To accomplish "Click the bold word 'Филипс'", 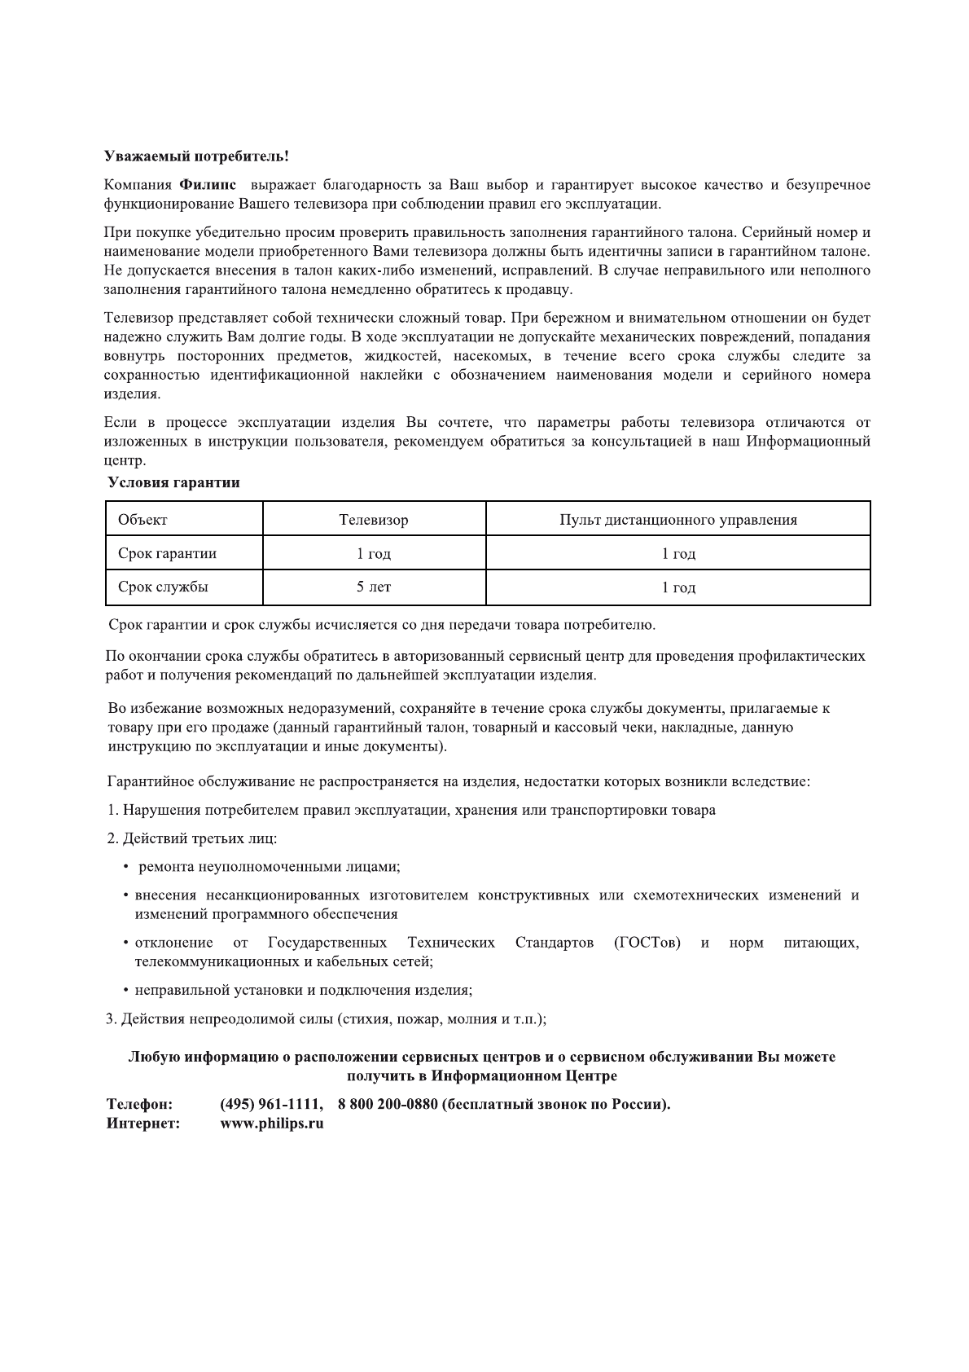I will pos(203,185).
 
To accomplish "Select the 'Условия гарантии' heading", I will pos(174,482).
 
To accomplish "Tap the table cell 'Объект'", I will pos(142,520).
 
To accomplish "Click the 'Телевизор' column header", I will pos(374,520).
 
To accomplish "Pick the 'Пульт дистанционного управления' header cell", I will pos(677,520).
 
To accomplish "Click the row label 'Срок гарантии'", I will pos(167,554).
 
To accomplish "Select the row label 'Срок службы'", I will pos(162,587).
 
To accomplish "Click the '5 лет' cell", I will pos(374,587).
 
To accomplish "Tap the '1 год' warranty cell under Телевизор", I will pos(374,554).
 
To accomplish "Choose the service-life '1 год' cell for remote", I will pos(677,587).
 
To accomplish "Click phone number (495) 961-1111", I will pos(271,1105).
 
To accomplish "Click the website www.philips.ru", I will pos(272,1124).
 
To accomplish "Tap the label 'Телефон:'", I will pos(139,1105).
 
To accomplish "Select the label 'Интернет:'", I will pos(143,1124).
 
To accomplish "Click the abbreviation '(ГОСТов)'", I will pos(647,943).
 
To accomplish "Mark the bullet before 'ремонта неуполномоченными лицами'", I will pos(126,867).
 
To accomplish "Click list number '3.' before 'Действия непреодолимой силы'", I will pos(112,1019).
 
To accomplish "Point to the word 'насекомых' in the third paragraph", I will pos(492,356).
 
